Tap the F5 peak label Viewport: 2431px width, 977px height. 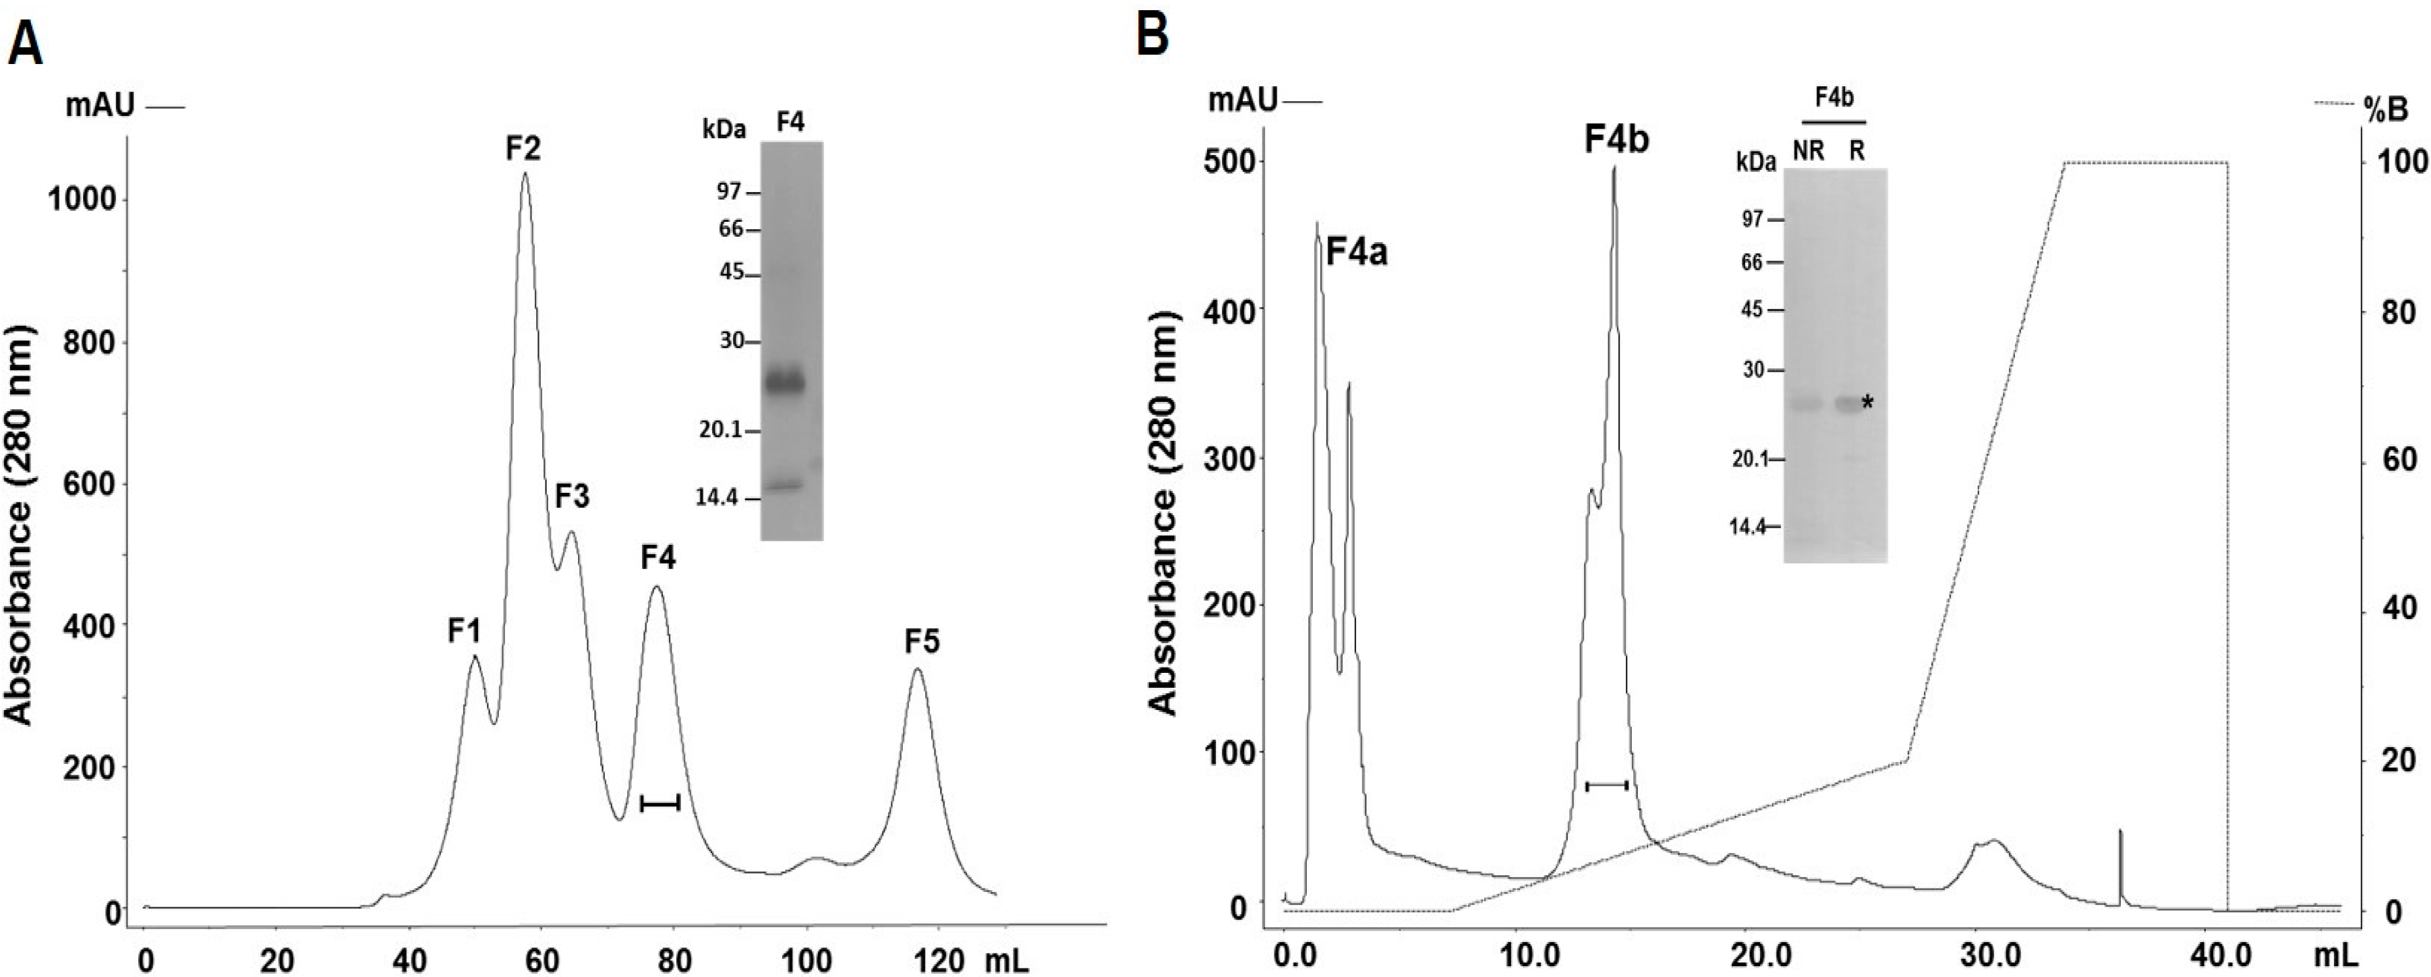[922, 642]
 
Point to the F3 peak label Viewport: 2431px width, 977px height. [572, 496]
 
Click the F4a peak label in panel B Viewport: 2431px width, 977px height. [1356, 252]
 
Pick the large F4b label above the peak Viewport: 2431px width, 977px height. [1616, 140]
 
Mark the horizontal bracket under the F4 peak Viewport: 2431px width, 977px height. [660, 803]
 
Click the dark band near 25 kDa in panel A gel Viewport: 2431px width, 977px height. [784, 383]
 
